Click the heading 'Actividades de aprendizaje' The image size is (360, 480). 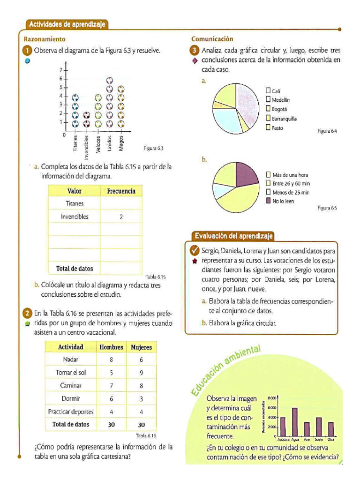(x=66, y=24)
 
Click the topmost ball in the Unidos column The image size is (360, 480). (x=110, y=80)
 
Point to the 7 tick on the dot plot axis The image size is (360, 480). (x=60, y=70)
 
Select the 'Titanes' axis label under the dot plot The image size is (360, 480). (x=75, y=141)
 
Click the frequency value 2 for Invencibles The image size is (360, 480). (x=121, y=217)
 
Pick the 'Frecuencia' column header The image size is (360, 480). (x=121, y=191)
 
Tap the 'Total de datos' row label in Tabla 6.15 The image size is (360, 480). (x=74, y=269)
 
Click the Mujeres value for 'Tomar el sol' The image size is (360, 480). (x=141, y=373)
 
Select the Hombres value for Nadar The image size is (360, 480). (x=112, y=360)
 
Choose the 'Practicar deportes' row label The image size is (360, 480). (x=71, y=412)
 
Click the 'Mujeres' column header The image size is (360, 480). (x=141, y=347)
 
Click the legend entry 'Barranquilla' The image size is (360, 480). (x=284, y=119)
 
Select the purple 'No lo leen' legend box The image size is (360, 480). (x=268, y=201)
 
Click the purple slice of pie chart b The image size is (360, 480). (x=245, y=174)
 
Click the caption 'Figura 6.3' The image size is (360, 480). (x=153, y=148)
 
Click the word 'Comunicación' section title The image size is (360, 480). (x=212, y=39)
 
